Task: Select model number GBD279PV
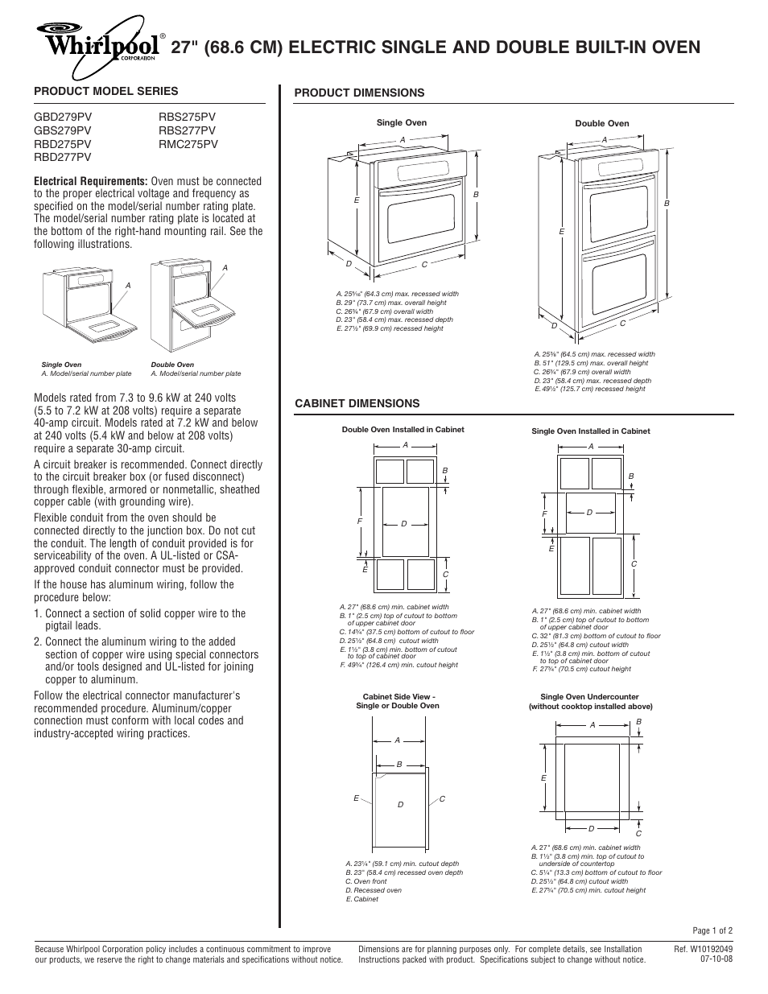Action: click(62, 116)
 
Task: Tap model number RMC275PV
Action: click(188, 143)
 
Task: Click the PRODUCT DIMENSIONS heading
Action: click(358, 93)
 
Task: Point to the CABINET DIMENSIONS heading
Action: click(357, 403)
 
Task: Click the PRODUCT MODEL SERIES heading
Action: click(105, 91)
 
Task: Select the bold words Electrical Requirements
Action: click(90, 181)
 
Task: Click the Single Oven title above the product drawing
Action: click(402, 123)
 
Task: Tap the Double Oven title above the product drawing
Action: click(601, 124)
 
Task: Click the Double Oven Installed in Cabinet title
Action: click(403, 430)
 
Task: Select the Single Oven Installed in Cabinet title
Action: click(590, 431)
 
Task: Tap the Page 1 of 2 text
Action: click(712, 930)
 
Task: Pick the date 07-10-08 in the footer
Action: click(716, 959)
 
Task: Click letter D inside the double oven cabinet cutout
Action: click(404, 525)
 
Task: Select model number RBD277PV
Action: click(62, 157)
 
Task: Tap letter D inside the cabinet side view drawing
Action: click(400, 805)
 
